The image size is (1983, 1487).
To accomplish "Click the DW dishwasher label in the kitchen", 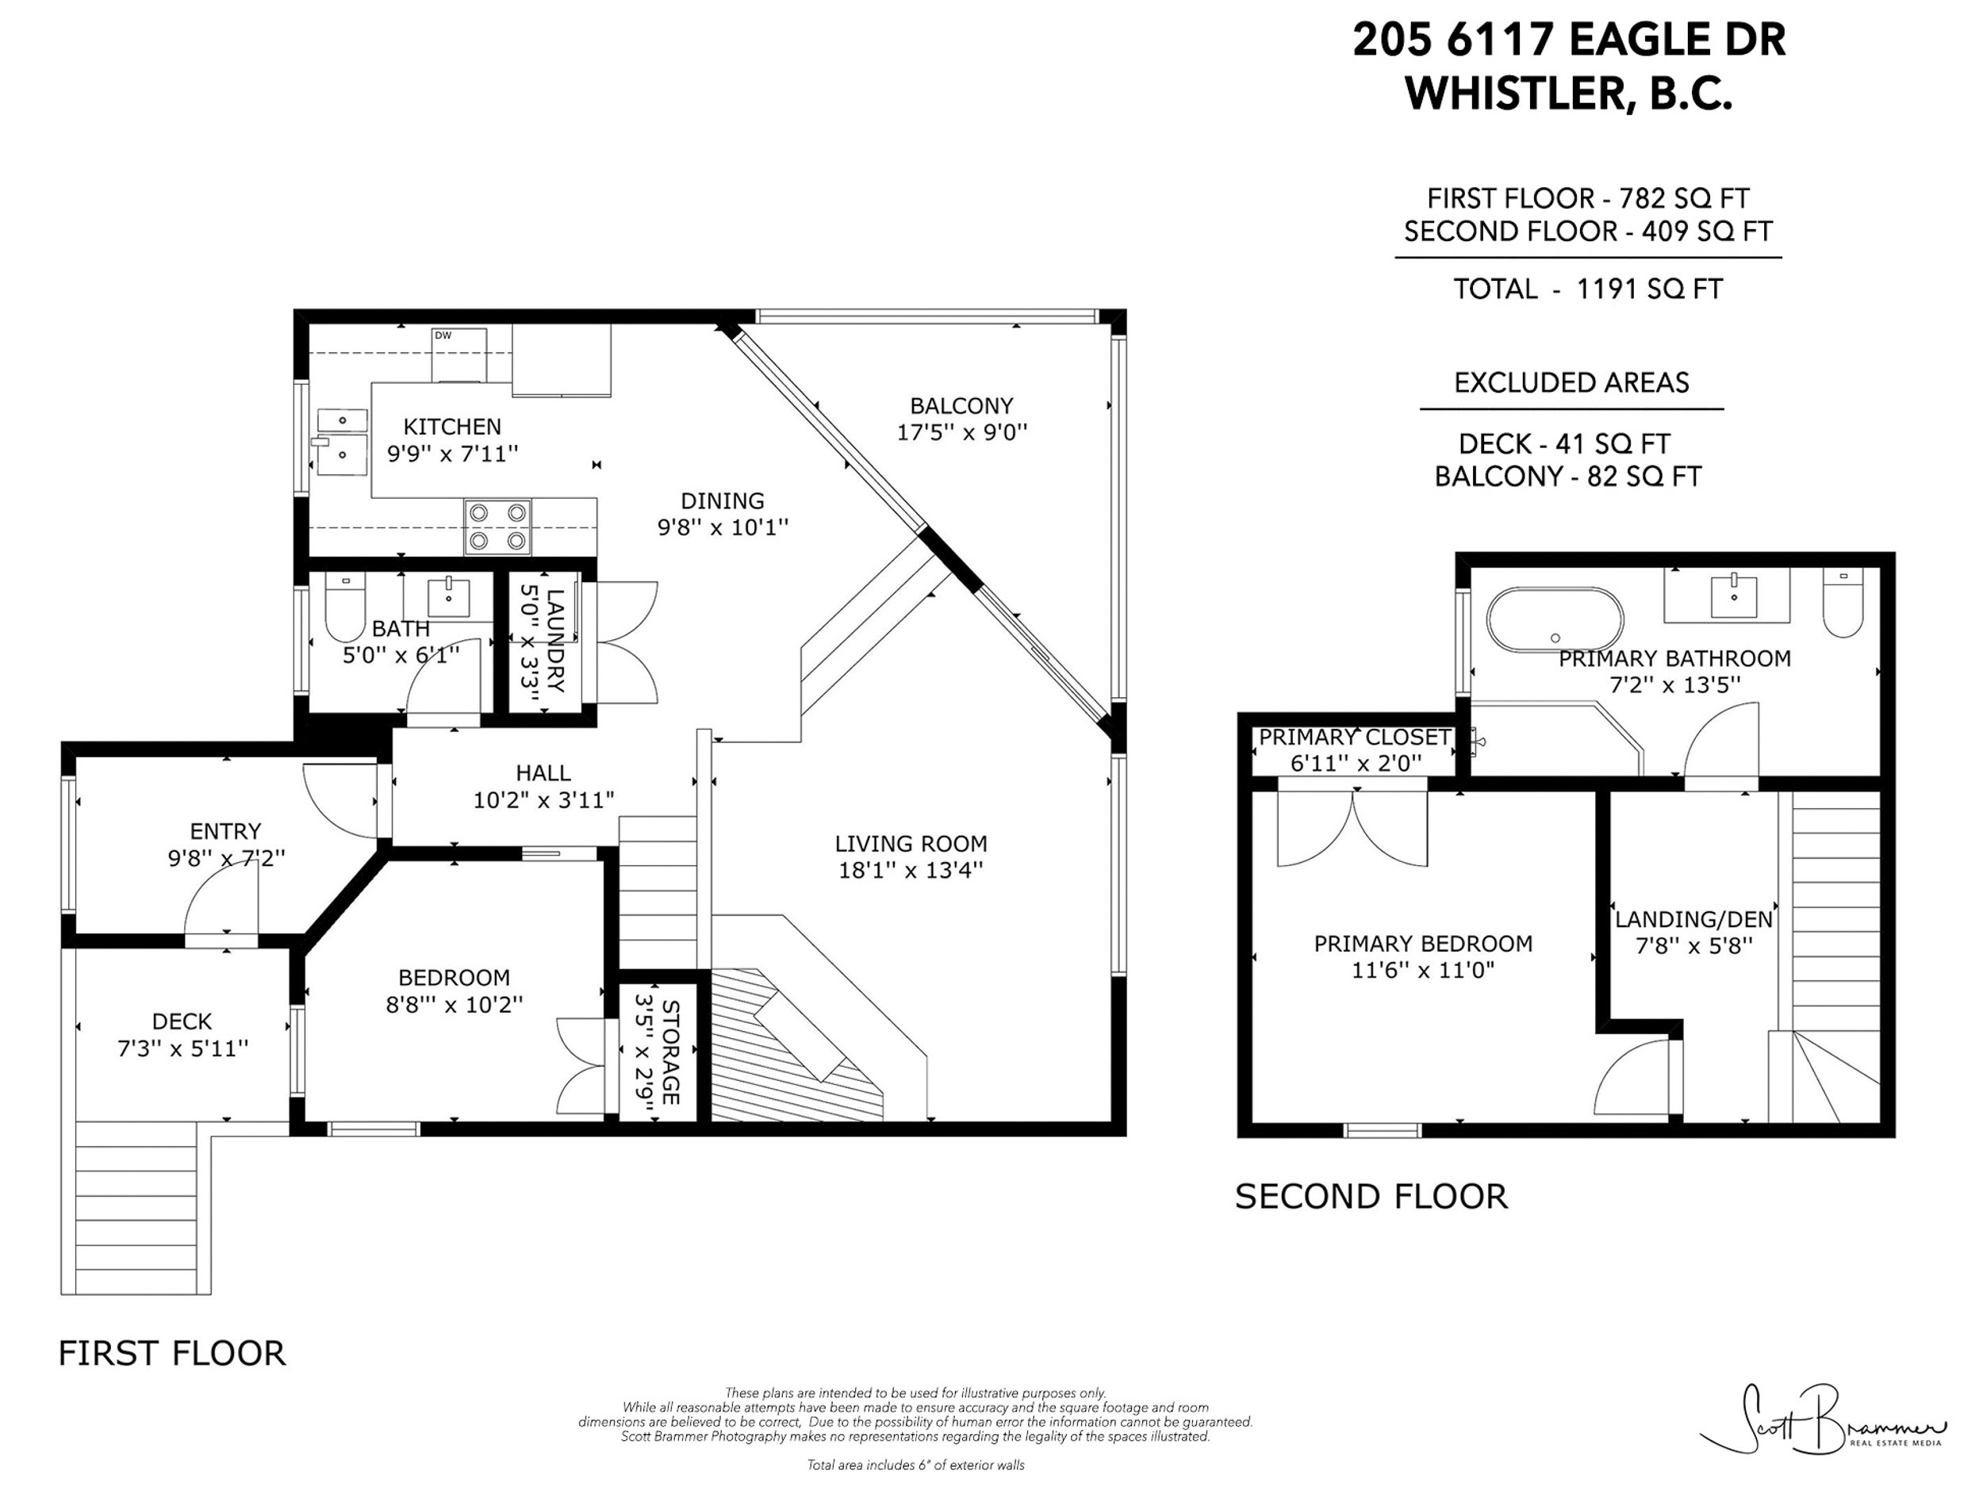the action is pos(443,336).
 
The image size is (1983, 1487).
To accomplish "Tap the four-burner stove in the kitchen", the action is pos(497,527).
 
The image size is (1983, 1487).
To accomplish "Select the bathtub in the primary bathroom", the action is pos(1555,619).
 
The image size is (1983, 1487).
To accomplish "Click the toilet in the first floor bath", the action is pos(344,607).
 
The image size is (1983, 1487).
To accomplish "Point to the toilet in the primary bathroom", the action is pos(1843,604).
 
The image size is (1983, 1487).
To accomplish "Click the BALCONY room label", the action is pos(962,406).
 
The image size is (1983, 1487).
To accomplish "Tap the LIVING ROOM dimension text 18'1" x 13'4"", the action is pos(911,870).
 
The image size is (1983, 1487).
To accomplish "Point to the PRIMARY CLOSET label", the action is pos(1355,738).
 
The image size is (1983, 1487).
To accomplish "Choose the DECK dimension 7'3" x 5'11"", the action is pos(183,1048).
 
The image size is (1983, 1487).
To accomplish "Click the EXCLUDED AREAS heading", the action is pos(1571,384).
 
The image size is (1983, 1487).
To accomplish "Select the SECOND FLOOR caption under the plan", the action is pos(1371,1198).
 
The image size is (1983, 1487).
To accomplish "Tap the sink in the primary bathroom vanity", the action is pos(1734,595).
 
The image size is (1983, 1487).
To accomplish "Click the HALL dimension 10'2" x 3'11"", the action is pos(544,799).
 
